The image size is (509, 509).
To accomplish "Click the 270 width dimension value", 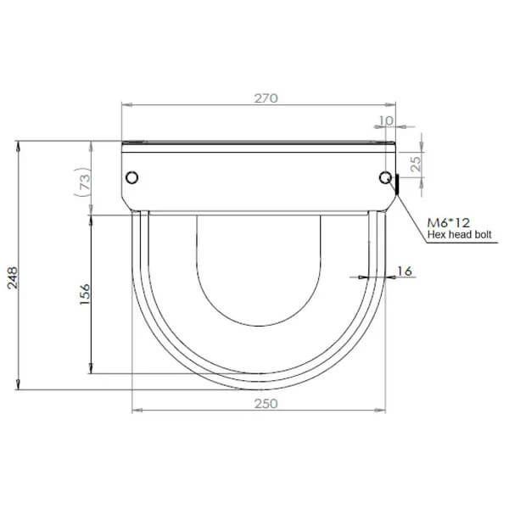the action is click(266, 98).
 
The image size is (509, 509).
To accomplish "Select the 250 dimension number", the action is click(266, 404).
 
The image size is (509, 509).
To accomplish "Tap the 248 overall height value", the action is click(13, 278).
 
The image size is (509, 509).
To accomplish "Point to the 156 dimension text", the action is click(85, 294).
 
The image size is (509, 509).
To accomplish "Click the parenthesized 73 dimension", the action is click(84, 182).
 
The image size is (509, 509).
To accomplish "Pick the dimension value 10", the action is click(386, 120).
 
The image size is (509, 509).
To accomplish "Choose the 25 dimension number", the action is click(416, 164).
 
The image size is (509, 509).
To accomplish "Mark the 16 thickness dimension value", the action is click(405, 271).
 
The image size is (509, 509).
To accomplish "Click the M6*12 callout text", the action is click(448, 222).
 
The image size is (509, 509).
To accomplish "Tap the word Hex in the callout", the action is click(435, 234).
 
